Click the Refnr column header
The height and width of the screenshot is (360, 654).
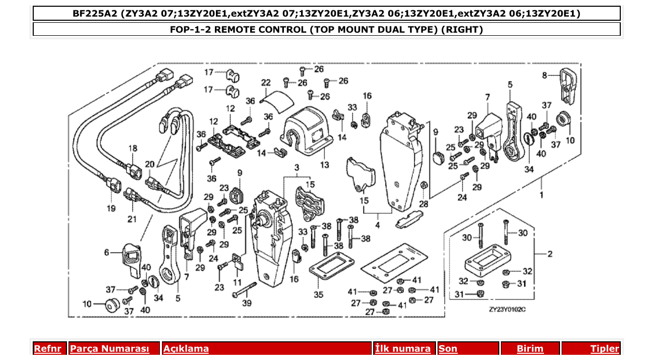(x=47, y=349)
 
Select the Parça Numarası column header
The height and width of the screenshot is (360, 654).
(x=110, y=349)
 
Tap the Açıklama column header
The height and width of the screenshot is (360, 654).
(x=186, y=349)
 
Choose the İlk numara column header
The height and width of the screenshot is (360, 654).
(x=403, y=349)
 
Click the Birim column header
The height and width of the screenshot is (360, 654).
(x=530, y=349)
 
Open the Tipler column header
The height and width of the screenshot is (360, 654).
(x=605, y=349)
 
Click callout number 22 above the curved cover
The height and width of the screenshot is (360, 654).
(x=266, y=83)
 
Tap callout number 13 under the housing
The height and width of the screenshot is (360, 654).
(x=324, y=165)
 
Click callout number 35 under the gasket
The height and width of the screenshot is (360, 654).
(x=318, y=295)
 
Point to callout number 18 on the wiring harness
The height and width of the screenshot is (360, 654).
(x=133, y=148)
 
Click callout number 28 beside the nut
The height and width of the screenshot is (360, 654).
(x=424, y=204)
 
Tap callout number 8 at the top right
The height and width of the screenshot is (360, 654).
(x=544, y=75)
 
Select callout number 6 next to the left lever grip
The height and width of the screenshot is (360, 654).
(x=107, y=253)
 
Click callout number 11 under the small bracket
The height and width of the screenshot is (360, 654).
(x=237, y=282)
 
